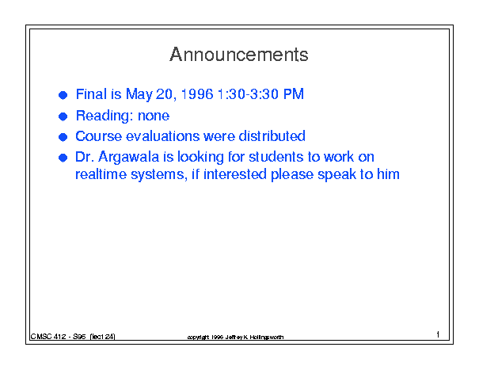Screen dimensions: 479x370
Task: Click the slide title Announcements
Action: [x=239, y=55]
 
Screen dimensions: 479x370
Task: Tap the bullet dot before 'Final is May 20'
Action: [x=63, y=95]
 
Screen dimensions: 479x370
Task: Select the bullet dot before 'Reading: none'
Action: [x=63, y=116]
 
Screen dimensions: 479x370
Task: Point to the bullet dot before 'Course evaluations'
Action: [x=63, y=137]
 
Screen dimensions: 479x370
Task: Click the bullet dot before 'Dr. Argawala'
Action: [x=63, y=158]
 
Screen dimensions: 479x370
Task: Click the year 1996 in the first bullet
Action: [x=197, y=93]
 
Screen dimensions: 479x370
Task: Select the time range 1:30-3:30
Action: [x=248, y=93]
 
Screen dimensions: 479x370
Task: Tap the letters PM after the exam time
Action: [x=294, y=93]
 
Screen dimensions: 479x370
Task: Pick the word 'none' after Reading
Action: [x=154, y=116]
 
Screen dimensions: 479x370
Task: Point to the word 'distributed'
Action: [x=272, y=136]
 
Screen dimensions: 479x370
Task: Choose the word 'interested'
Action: [x=235, y=174]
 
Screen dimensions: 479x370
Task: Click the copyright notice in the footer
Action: [x=235, y=337]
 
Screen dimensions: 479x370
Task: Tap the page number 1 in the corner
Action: [x=438, y=334]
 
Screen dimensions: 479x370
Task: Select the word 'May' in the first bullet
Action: [x=139, y=94]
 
